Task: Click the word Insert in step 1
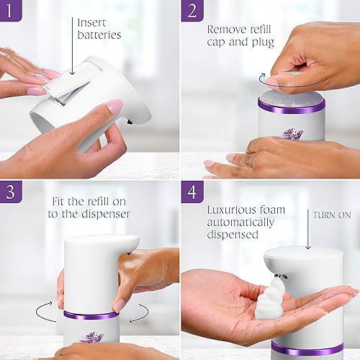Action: (92, 22)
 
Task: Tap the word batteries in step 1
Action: (99, 35)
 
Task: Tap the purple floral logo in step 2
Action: (291, 134)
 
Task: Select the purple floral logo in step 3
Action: (91, 337)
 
